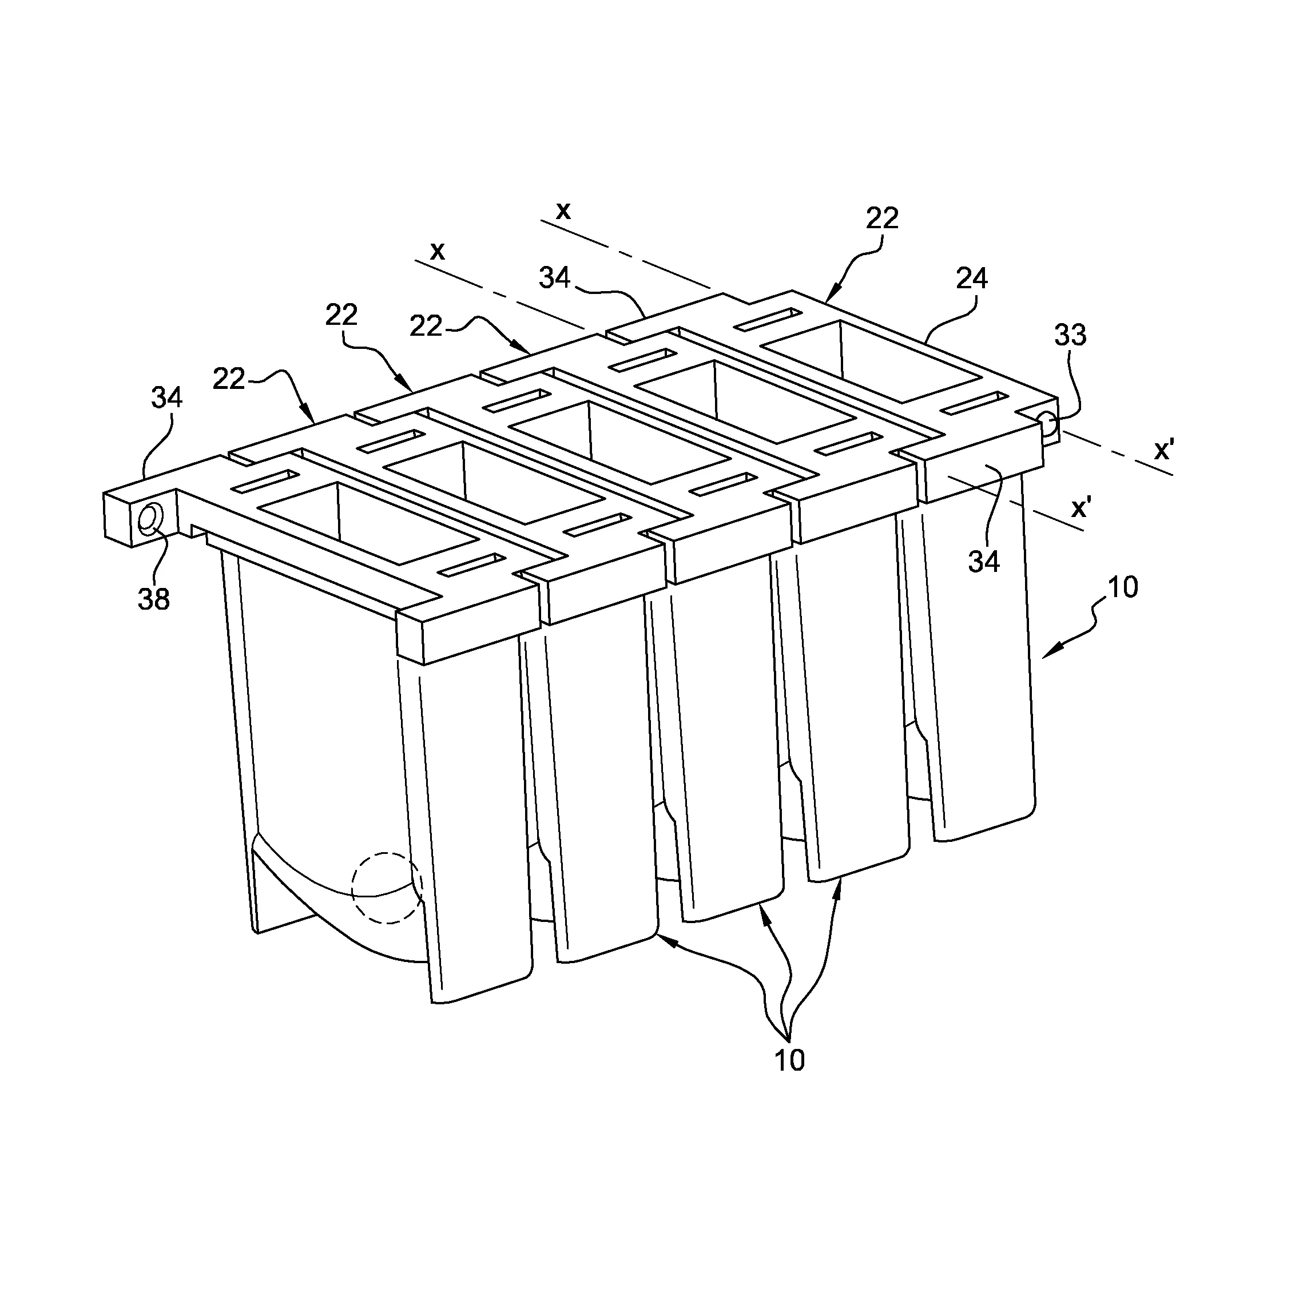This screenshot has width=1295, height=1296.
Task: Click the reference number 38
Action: point(154,598)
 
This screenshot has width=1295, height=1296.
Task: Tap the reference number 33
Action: point(1070,335)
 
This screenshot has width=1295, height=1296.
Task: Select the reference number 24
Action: point(972,279)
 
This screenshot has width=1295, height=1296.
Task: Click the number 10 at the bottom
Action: point(789,1060)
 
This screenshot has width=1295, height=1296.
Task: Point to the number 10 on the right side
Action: point(1123,587)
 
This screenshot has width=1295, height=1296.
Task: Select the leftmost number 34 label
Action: point(166,398)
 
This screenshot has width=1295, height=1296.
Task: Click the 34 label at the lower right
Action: point(984,562)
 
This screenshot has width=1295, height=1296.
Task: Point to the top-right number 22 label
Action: point(881,218)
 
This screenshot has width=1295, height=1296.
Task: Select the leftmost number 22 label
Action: point(229,379)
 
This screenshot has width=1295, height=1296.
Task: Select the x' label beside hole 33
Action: point(1163,451)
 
